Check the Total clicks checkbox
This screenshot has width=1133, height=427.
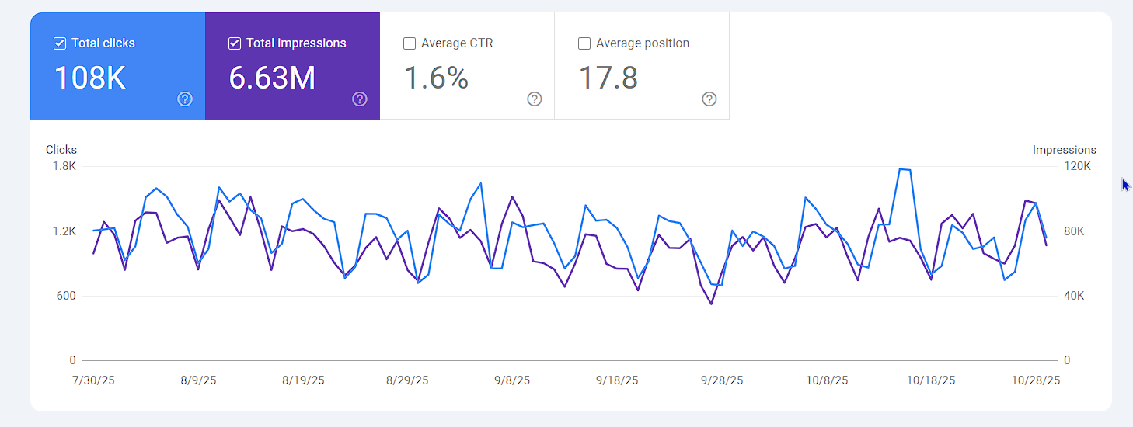[x=60, y=43]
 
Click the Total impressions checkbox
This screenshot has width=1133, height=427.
[x=235, y=43]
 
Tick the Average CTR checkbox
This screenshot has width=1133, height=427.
[x=410, y=43]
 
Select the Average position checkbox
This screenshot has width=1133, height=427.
[x=584, y=43]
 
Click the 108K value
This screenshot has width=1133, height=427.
[x=89, y=78]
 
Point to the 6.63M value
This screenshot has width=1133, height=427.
[x=272, y=78]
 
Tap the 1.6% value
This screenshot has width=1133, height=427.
[x=436, y=78]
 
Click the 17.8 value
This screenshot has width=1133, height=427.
[x=608, y=78]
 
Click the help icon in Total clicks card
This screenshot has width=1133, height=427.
[x=185, y=99]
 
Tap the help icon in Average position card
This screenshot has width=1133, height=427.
[x=709, y=99]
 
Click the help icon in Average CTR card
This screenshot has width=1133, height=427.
[x=535, y=99]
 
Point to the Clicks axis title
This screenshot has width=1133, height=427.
[x=61, y=150]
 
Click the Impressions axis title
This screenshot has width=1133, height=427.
[x=1064, y=150]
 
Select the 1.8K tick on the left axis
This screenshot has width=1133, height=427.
[x=64, y=166]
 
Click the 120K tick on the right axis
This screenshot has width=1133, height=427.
[x=1078, y=166]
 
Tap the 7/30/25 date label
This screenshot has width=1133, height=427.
[x=92, y=380]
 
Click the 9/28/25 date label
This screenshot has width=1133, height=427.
[x=722, y=380]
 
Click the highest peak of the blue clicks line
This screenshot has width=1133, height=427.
[x=900, y=168]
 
